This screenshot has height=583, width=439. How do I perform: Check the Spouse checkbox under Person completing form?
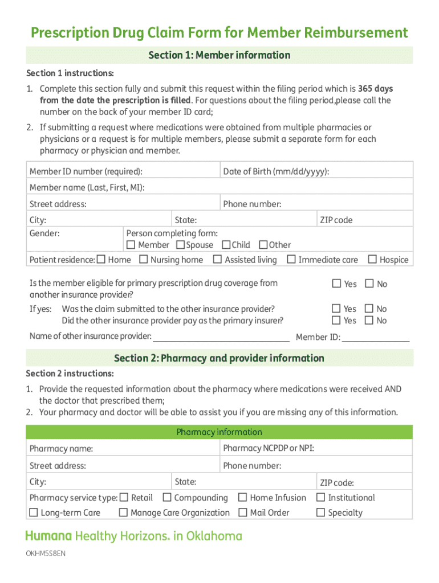tap(180, 245)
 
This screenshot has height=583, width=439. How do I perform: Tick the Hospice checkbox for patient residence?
tap(372, 260)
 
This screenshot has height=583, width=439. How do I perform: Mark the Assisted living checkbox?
tap(217, 260)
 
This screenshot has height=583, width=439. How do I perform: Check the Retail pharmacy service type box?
tap(124, 498)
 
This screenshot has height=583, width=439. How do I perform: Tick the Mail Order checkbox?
tap(242, 512)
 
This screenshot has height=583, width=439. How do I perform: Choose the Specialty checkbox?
tap(320, 512)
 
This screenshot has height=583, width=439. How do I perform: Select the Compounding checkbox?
tap(167, 498)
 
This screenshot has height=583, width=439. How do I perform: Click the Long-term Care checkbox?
tap(34, 512)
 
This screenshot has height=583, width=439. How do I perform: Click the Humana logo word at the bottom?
tap(48, 536)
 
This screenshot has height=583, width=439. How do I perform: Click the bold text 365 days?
tap(375, 89)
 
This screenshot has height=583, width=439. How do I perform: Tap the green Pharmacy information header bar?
tap(219, 432)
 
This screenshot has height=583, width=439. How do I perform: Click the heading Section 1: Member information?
tap(219, 55)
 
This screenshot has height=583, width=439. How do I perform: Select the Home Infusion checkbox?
tap(242, 498)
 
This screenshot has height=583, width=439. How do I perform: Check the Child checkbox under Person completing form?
tap(226, 245)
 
